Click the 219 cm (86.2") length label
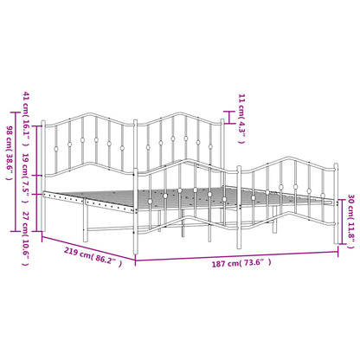point(93,256)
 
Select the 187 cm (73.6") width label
point(241,263)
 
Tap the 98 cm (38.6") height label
point(10,153)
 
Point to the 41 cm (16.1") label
point(26,119)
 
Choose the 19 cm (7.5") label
point(26,178)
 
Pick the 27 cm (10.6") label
point(26,239)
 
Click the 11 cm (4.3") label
point(241,119)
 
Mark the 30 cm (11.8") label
point(350,222)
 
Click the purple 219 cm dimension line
point(88,247)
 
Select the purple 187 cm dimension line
point(236,257)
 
